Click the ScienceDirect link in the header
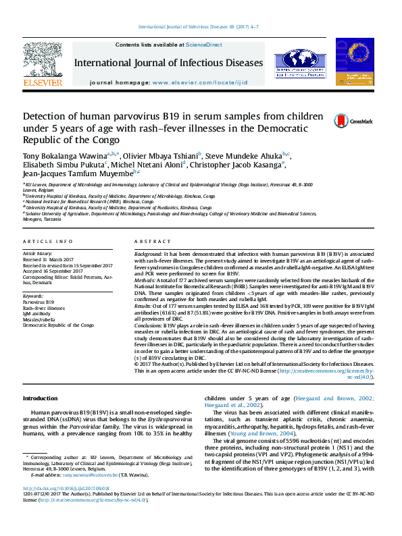tap(203, 45)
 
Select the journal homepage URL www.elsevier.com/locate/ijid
tap(206, 82)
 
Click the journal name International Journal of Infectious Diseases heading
tap(168, 63)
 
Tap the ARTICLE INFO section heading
tap(47, 242)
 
